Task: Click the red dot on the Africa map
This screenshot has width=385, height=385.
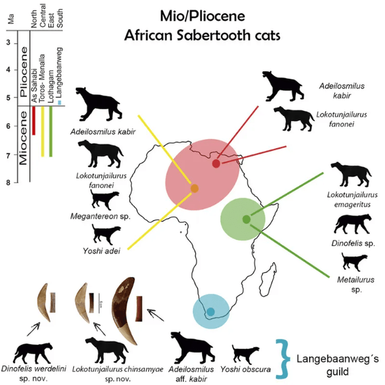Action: click(x=216, y=164)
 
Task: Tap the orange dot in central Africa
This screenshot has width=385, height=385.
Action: click(x=194, y=189)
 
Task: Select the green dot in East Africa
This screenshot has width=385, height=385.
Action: click(x=246, y=219)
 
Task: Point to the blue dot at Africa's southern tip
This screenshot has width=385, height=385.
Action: click(x=210, y=312)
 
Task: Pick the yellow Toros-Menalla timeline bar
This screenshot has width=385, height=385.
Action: click(x=42, y=132)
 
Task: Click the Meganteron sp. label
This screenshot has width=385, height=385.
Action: click(x=100, y=216)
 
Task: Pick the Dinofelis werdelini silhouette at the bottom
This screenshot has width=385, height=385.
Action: click(x=33, y=352)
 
